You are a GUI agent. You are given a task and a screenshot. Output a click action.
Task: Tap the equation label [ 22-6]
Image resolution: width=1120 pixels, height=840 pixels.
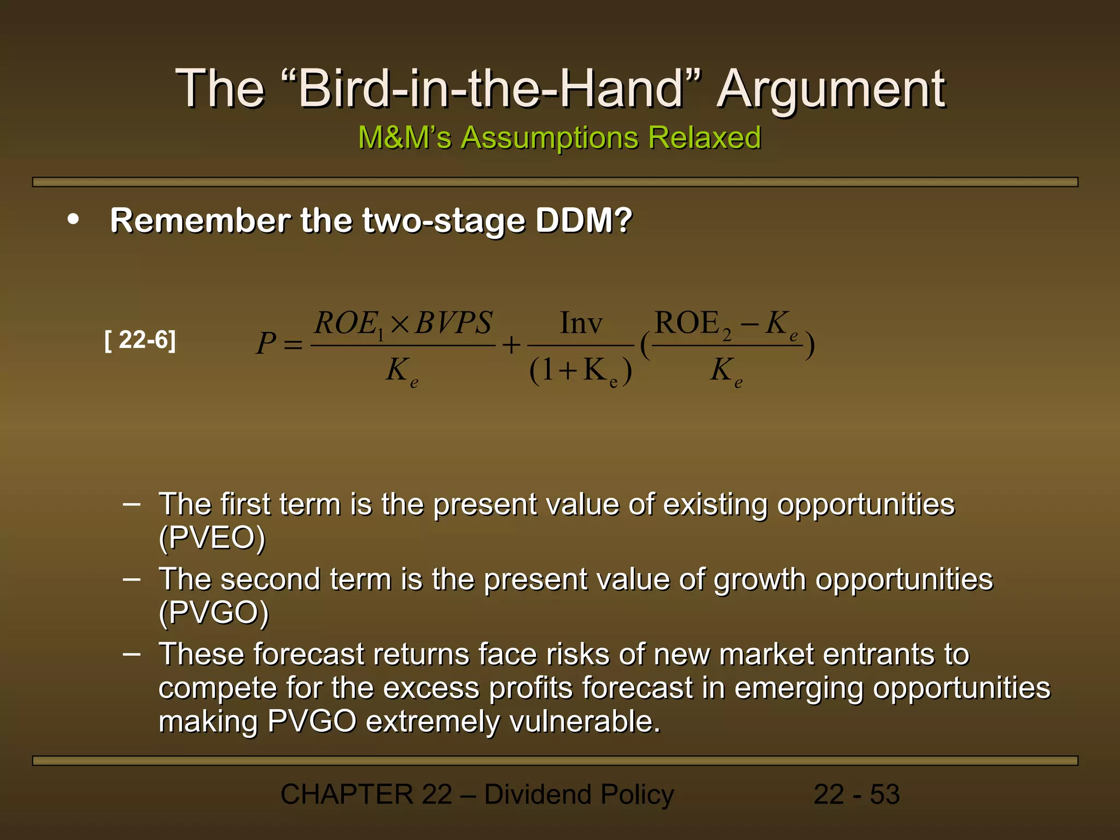140,340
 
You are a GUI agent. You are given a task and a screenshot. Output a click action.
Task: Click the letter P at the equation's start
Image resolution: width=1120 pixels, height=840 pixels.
266,344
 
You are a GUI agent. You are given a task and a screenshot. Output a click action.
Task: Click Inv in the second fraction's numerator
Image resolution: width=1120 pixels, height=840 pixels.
581,323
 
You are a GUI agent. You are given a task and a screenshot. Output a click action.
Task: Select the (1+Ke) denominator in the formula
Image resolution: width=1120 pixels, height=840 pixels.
581,371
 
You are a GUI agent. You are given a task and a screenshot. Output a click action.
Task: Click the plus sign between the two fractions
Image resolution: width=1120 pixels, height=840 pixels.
511,345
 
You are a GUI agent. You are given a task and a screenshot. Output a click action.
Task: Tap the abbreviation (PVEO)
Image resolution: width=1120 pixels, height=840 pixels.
212,538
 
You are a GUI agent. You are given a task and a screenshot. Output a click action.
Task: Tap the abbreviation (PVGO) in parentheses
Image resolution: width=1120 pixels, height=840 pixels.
214,612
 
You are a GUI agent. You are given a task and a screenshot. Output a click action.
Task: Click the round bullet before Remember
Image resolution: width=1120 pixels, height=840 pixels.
73,220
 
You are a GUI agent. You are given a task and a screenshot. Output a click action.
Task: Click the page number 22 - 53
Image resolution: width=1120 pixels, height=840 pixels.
856,794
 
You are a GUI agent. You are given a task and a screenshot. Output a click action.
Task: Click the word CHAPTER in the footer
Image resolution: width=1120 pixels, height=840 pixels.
347,794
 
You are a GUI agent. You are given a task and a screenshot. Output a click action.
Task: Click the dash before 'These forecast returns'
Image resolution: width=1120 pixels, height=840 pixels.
132,654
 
